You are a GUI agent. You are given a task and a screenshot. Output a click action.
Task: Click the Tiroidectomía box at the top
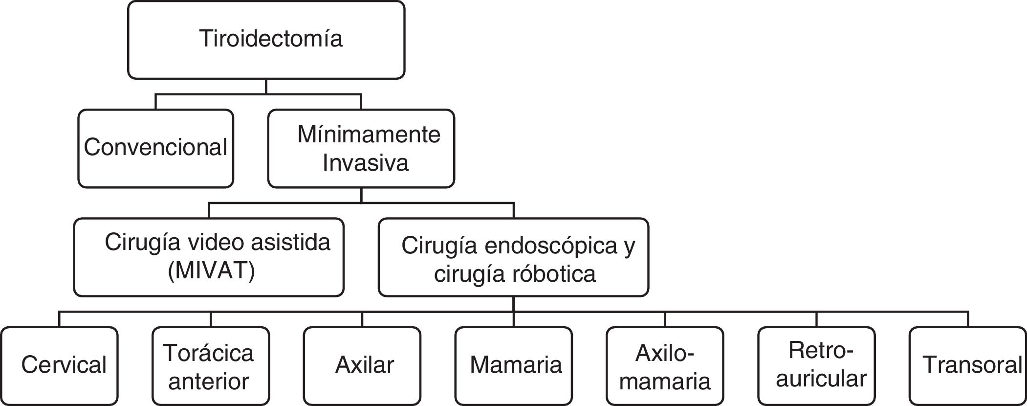(266, 40)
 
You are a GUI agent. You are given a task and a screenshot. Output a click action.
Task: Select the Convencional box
(155, 148)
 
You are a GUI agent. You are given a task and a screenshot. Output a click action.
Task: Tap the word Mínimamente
(369, 135)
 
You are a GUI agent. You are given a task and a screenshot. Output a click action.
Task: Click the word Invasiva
(365, 162)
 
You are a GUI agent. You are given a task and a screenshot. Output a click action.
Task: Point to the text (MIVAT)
(211, 271)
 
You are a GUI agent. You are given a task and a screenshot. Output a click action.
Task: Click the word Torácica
(209, 353)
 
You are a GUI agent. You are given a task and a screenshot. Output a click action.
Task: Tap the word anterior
(209, 381)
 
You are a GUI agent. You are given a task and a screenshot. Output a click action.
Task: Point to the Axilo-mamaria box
(665, 366)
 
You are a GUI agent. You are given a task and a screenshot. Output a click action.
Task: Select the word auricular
(821, 379)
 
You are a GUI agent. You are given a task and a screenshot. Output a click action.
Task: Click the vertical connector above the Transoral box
(968, 319)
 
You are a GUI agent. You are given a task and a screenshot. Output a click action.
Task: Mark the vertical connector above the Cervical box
(60, 319)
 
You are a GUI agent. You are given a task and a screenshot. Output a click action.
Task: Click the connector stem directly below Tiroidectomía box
(266, 86)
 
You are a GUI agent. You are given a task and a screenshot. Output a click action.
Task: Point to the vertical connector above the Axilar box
(362, 319)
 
